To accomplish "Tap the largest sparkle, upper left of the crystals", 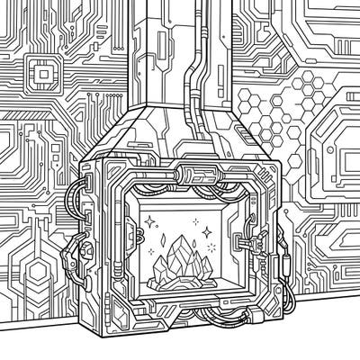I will click(x=148, y=219).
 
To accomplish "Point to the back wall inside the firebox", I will click(x=180, y=211).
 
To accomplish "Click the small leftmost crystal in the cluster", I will click(x=158, y=266).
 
